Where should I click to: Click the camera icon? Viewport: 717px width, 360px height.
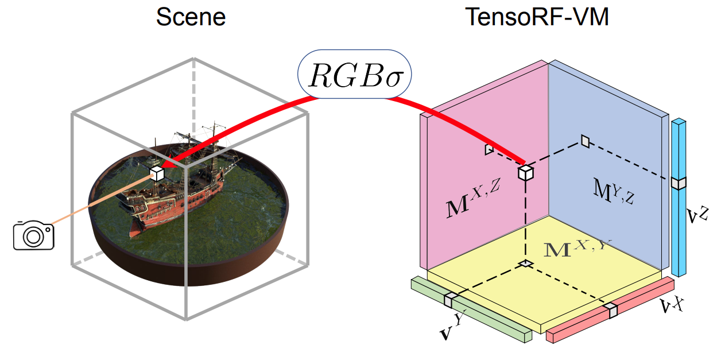tap(33, 235)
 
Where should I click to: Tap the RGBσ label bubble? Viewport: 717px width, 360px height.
tap(354, 73)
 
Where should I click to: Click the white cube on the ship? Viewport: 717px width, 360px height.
tap(157, 173)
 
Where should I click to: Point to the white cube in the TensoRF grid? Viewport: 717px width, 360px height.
tap(525, 172)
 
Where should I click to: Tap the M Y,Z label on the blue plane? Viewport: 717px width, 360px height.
tap(612, 191)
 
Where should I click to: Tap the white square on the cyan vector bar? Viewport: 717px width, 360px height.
tap(679, 183)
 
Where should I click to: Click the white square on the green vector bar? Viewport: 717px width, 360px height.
tap(451, 300)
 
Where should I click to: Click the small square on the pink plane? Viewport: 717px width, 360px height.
tap(489, 149)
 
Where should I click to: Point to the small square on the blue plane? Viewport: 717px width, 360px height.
tap(585, 140)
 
